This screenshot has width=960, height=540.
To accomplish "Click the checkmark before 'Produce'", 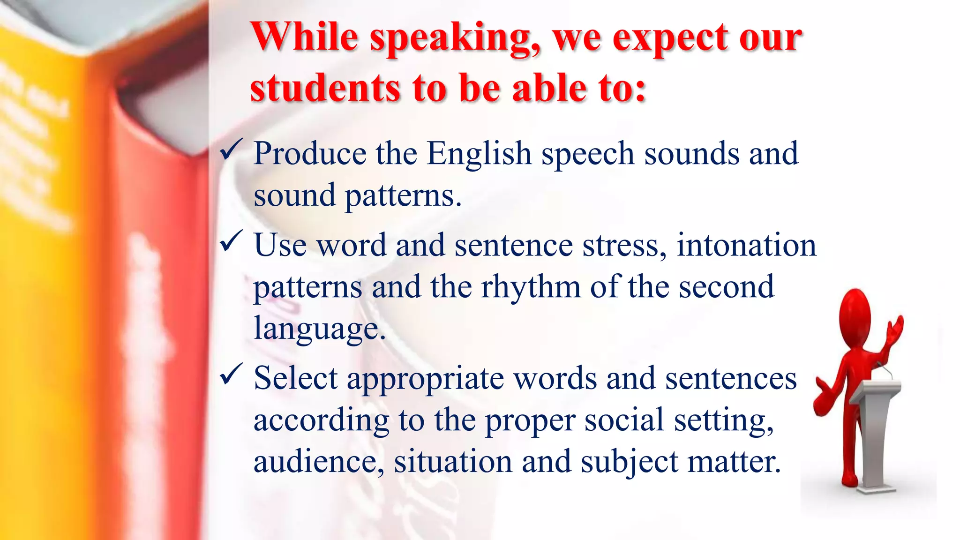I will pos(231,150).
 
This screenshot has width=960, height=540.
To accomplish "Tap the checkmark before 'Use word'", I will pos(231,241).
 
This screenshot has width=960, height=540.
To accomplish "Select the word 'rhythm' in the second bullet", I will pos(531,287).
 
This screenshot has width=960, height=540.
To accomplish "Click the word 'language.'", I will pos(320,328).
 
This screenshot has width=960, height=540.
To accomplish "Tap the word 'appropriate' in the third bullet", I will pos(425,379).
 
